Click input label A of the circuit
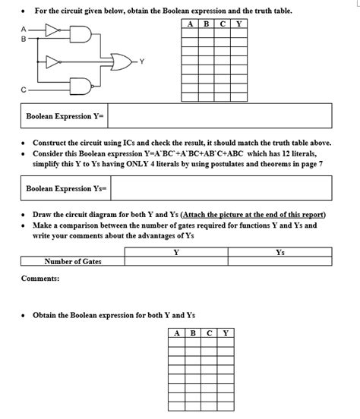pos(23,29)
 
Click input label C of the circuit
pos(24,90)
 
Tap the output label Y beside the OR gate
pos(141,61)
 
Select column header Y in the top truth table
pos(239,22)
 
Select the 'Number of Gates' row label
pos(73,262)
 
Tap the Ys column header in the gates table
pos(280,252)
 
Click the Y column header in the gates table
pos(176,252)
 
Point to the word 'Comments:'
pos(40,279)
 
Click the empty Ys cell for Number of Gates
pos(280,262)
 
